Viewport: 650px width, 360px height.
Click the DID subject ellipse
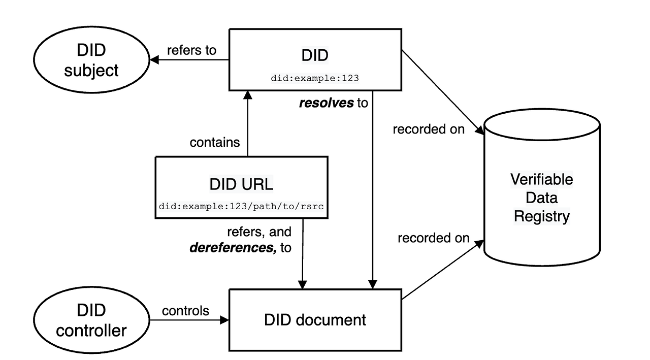[x=91, y=60]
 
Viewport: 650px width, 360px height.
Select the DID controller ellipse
[x=91, y=320]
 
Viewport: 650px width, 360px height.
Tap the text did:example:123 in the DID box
[x=315, y=78]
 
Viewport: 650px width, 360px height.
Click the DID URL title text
[x=241, y=184]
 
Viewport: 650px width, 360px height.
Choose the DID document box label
[x=315, y=320]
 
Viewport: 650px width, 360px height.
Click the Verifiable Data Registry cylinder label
[x=541, y=198]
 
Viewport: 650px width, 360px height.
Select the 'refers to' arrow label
[x=191, y=50]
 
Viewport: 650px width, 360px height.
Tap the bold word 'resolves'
[x=326, y=103]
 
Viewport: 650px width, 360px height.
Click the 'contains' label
[x=215, y=142]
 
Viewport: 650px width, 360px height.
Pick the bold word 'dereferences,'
[x=233, y=248]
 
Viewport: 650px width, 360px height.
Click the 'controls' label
[x=185, y=310]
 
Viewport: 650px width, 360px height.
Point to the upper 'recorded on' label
[x=429, y=129]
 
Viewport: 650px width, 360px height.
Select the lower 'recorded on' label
[x=433, y=238]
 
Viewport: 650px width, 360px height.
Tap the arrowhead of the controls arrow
[x=225, y=320]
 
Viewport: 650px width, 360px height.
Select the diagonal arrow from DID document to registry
[x=442, y=270]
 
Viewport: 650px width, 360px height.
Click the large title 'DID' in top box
[x=315, y=55]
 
